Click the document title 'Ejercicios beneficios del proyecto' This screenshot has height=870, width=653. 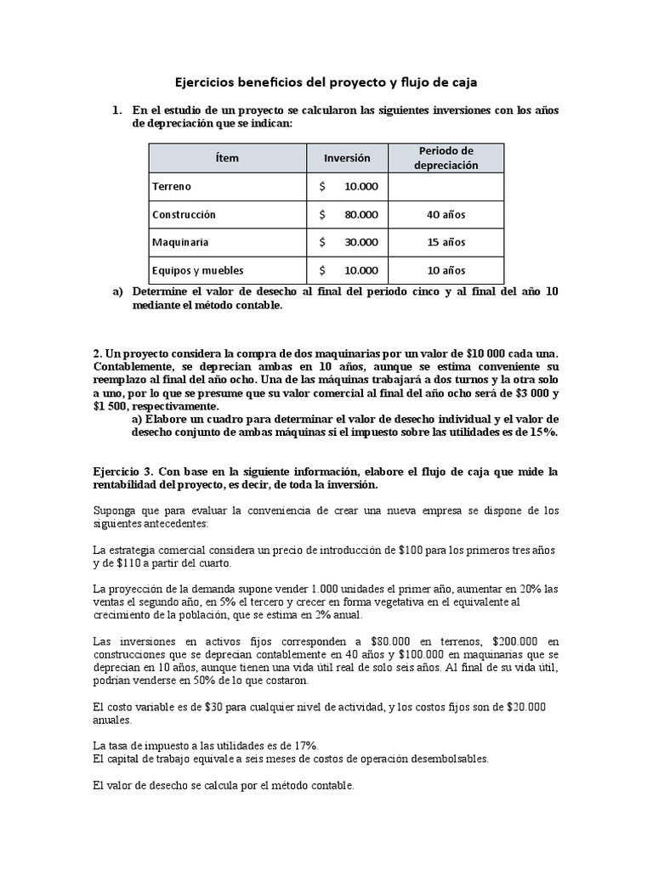pyautogui.click(x=326, y=82)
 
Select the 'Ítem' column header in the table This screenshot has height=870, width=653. pyautogui.click(x=227, y=158)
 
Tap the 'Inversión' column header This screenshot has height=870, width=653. pyautogui.click(x=347, y=158)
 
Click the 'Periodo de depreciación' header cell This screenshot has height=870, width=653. pyautogui.click(x=446, y=158)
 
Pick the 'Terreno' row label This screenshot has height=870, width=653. pyautogui.click(x=172, y=186)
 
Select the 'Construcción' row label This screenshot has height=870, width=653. pyautogui.click(x=184, y=214)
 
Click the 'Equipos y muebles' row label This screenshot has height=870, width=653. pyautogui.click(x=197, y=270)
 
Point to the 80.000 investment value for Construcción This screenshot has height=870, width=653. pyautogui.click(x=361, y=214)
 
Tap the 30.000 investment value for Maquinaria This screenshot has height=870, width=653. pyautogui.click(x=361, y=242)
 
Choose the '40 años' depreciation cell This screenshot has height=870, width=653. pyautogui.click(x=446, y=214)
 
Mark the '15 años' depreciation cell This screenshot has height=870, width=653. pyautogui.click(x=446, y=242)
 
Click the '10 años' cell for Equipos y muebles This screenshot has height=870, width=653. pyautogui.click(x=446, y=270)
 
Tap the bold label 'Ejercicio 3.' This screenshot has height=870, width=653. pyautogui.click(x=124, y=471)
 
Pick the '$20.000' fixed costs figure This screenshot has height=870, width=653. pyautogui.click(x=525, y=707)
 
